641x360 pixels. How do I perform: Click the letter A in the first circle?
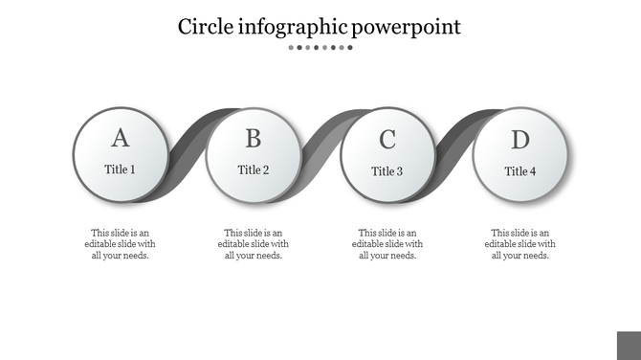pos(120,138)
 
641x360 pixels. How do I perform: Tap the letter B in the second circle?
pos(253,139)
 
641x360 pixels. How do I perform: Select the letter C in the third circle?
pos(387,140)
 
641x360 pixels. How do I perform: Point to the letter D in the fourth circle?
pos(519,140)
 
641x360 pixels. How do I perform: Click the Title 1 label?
pos(120,169)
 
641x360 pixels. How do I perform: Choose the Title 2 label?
pos(253,170)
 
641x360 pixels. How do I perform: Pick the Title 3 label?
pos(387,171)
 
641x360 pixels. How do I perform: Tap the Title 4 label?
pos(519,171)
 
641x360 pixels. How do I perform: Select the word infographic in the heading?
pos(290,27)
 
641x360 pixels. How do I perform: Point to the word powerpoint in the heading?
pos(406,27)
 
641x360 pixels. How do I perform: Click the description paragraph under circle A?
pos(120,244)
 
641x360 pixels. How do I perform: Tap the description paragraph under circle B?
pos(253,244)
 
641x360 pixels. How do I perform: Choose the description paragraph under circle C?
pos(387,244)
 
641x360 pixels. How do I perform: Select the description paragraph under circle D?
pos(519,244)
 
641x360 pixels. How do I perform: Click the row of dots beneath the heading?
pos(320,47)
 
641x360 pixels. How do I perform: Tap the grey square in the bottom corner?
pos(629,346)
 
